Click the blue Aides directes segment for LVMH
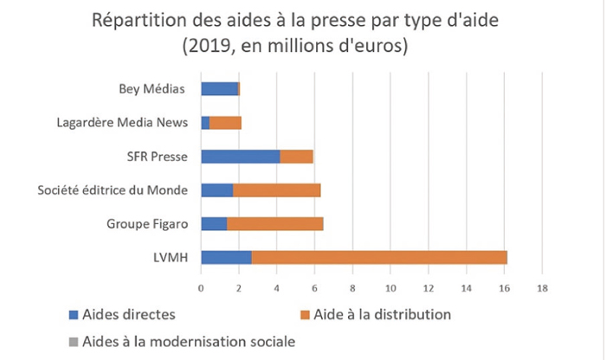226,257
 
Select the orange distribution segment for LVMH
379,257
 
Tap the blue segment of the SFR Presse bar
240,157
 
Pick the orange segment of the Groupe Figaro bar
275,223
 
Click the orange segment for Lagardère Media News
225,123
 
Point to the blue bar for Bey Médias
219,88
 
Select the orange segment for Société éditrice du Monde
277,190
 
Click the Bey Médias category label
153,88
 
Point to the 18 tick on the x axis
542,287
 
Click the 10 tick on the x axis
390,287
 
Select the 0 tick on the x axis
201,287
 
